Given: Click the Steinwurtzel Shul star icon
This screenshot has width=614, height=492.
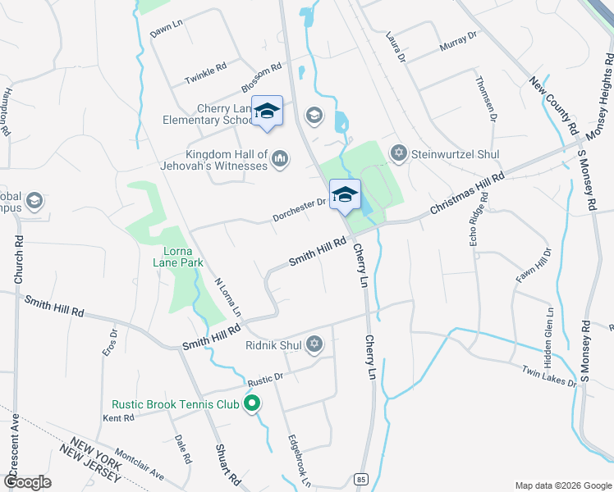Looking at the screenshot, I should pyautogui.click(x=399, y=153).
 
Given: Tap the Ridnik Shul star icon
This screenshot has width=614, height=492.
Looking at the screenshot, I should pyautogui.click(x=314, y=345).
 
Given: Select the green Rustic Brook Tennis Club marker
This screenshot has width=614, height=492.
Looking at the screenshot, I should pyautogui.click(x=253, y=403).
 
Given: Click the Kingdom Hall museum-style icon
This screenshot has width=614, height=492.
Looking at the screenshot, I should pyautogui.click(x=280, y=157).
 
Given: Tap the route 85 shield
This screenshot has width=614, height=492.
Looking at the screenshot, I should pyautogui.click(x=360, y=478).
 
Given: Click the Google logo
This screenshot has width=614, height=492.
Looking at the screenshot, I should pyautogui.click(x=28, y=482).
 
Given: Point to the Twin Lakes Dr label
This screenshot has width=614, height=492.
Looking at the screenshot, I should pyautogui.click(x=549, y=378).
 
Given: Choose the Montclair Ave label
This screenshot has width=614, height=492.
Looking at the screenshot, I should pyautogui.click(x=140, y=464).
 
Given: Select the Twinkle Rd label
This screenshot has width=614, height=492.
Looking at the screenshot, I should pyautogui.click(x=205, y=74).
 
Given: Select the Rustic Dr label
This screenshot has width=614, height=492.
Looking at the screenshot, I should pyautogui.click(x=265, y=380).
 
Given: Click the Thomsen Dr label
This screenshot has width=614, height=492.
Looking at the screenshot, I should pyautogui.click(x=487, y=98).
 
